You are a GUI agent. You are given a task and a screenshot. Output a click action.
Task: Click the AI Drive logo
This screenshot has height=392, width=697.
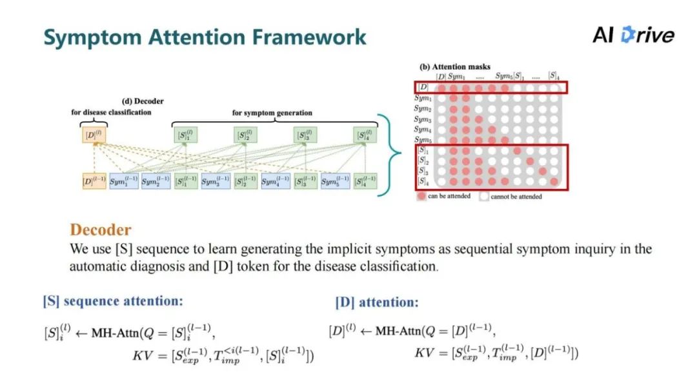tap(633, 35)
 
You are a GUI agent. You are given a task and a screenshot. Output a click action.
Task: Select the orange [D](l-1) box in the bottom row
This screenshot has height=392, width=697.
tap(93, 181)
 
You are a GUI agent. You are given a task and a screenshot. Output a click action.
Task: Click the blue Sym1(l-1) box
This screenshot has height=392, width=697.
tap(123, 181)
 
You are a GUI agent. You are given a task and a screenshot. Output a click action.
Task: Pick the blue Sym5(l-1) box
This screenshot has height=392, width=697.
tap(336, 181)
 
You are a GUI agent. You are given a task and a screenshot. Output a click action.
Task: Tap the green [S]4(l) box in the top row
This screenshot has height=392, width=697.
tap(365, 135)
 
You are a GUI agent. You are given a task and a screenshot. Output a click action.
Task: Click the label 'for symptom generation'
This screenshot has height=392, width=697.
tap(272, 113)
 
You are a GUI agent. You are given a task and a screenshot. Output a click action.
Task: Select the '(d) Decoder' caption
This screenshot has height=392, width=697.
tap(143, 101)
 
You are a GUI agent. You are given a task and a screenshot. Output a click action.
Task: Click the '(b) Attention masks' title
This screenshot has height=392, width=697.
tap(455, 66)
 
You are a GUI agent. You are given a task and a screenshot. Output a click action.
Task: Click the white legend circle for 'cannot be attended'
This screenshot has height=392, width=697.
tap(483, 196)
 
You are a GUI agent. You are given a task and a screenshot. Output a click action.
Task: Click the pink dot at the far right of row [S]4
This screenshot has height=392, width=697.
tap(554, 182)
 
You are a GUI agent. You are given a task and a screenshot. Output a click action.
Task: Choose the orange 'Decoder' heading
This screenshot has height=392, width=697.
tap(100, 230)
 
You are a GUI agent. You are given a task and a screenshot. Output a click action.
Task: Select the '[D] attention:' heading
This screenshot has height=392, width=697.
tap(376, 302)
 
